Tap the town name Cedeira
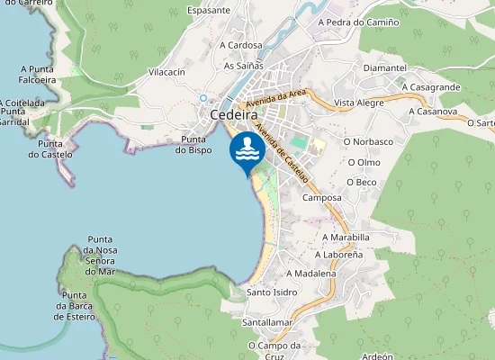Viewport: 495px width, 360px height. pyautogui.click(x=233, y=115)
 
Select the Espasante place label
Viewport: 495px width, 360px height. pyautogui.click(x=208, y=11)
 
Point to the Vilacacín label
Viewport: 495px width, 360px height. pyautogui.click(x=166, y=71)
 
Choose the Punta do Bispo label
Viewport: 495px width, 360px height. pyautogui.click(x=196, y=144)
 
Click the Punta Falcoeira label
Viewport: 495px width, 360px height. pyautogui.click(x=37, y=73)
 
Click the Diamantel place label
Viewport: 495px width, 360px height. pyautogui.click(x=384, y=67)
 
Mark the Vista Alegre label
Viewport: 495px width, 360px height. pyautogui.click(x=358, y=103)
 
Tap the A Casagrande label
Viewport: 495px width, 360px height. pyautogui.click(x=431, y=87)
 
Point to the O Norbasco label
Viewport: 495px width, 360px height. pyautogui.click(x=368, y=141)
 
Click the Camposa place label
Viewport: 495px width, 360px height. pyautogui.click(x=322, y=197)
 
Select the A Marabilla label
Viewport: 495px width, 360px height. pyautogui.click(x=346, y=238)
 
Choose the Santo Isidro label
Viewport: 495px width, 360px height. pyautogui.click(x=272, y=292)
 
